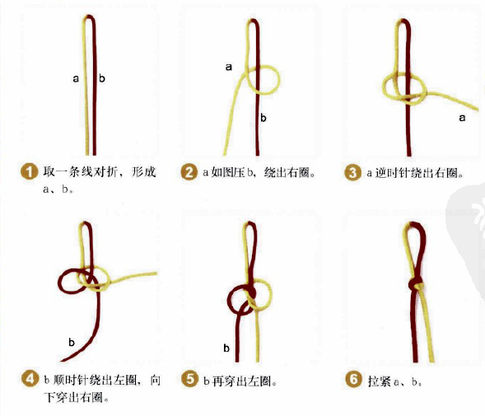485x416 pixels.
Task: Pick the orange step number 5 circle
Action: pyautogui.click(x=189, y=380)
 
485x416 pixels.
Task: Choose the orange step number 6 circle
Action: pyautogui.click(x=352, y=380)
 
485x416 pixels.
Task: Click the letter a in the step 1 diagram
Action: pyautogui.click(x=76, y=79)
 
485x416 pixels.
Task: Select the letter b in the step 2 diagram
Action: pyautogui.click(x=263, y=118)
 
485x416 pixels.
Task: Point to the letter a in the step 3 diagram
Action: pyautogui.click(x=461, y=119)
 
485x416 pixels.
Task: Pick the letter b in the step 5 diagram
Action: pyautogui.click(x=226, y=348)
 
